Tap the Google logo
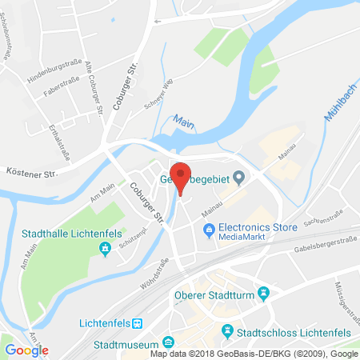[27, 350]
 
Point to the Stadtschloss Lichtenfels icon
[227, 330]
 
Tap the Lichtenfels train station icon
[138, 323]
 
